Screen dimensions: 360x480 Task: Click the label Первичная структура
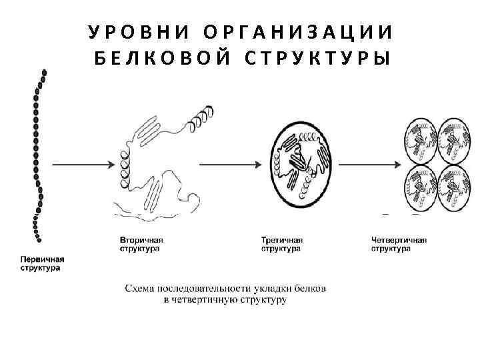click(x=42, y=263)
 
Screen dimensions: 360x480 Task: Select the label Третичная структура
click(x=282, y=244)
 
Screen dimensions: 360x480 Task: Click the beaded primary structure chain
click(x=39, y=153)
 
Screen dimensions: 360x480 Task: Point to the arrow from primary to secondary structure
click(x=80, y=163)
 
